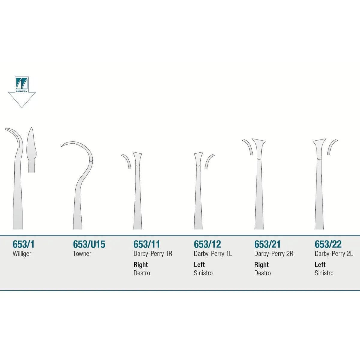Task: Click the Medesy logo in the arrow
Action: tap(22, 84)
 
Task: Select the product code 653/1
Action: tap(23, 244)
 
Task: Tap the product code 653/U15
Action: tap(89, 244)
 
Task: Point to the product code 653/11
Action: tap(147, 244)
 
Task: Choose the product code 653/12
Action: tap(207, 244)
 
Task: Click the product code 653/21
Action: tap(267, 244)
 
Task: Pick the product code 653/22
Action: tap(328, 244)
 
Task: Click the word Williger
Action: tap(22, 254)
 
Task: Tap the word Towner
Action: tap(82, 254)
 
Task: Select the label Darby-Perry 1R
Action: tap(153, 254)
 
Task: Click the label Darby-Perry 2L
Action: tap(334, 254)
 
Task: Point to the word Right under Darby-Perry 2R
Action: tap(261, 265)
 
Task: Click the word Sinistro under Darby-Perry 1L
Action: tap(203, 273)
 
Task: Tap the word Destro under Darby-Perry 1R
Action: tap(142, 273)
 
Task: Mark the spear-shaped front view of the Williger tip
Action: tap(31, 150)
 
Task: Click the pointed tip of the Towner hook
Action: tap(61, 147)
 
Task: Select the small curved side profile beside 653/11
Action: tap(127, 161)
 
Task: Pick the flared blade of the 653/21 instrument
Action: tap(259, 149)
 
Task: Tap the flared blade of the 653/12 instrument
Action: tap(198, 159)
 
